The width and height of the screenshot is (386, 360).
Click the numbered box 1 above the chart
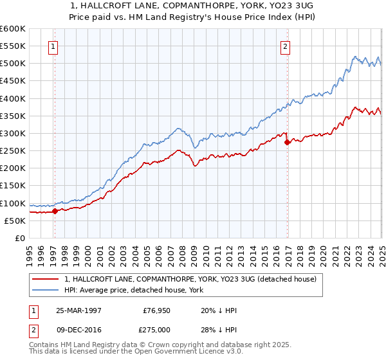point(53,46)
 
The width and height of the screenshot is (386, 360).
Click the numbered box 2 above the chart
point(285,46)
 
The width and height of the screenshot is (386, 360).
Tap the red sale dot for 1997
point(55,210)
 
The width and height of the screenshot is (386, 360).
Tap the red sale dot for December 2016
point(287,143)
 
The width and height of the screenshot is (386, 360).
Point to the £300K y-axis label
point(12,133)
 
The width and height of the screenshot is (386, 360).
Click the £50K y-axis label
point(15,221)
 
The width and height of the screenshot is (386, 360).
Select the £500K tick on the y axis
point(12,63)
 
